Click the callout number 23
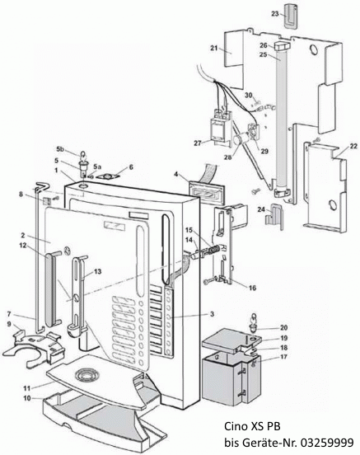[274, 14]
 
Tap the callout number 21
[213, 49]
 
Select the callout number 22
[353, 147]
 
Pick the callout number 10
[26, 398]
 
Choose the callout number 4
[175, 174]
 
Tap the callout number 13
[97, 270]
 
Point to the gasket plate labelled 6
[105, 176]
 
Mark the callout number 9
[9, 324]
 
